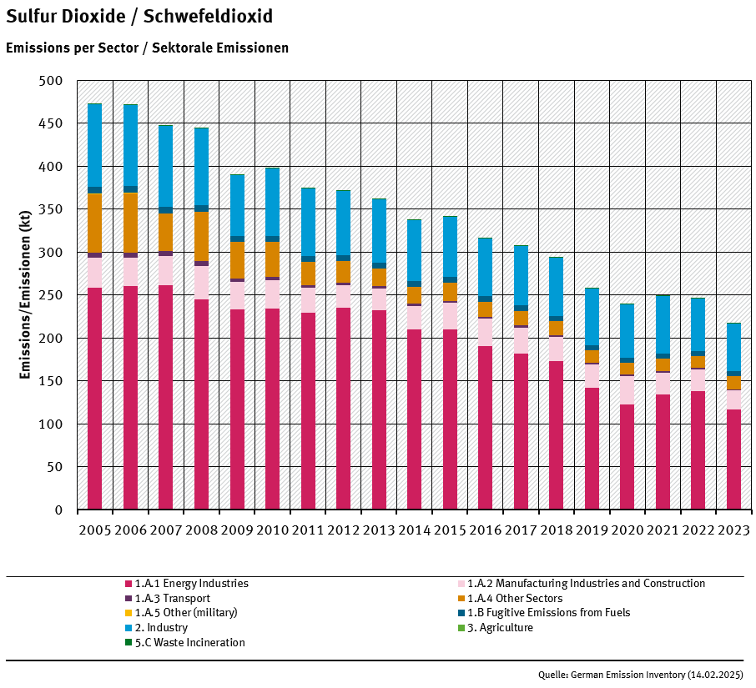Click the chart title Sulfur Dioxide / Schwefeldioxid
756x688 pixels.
[x=139, y=17]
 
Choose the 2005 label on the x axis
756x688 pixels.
[x=94, y=531]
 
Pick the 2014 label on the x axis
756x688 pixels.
[x=414, y=531]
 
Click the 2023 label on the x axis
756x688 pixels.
[x=733, y=531]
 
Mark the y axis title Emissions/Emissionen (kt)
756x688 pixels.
[x=26, y=295]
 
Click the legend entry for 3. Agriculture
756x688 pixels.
[x=500, y=627]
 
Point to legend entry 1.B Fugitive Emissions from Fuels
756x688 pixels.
[x=548, y=612]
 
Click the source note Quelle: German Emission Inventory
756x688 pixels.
[x=640, y=674]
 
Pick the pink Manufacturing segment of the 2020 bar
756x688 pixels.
[x=627, y=390]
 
